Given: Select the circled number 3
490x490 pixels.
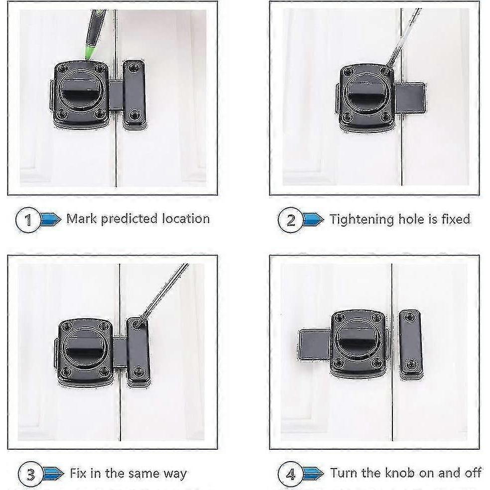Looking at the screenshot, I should tap(30, 473).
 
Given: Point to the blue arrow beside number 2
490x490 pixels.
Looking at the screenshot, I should tap(313, 219).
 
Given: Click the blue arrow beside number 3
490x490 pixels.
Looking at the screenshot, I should tap(53, 473).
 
